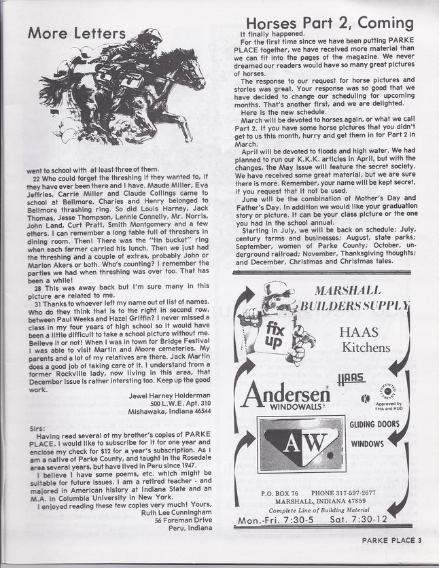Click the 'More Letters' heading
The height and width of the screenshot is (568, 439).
tap(77, 33)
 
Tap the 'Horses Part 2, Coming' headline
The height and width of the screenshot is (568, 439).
tap(330, 23)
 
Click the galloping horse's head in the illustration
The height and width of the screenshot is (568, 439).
tap(186, 68)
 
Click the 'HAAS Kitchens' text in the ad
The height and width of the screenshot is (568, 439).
tap(365, 340)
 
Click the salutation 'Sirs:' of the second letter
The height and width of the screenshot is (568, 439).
tap(36, 429)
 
